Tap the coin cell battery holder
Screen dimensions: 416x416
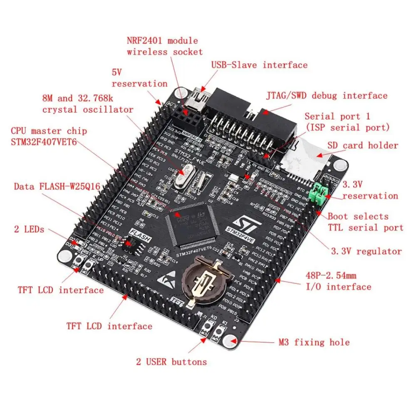(207, 277)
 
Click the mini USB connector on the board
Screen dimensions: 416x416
(201, 99)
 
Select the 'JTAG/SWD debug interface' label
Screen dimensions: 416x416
(327, 96)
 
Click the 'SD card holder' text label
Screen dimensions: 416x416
(363, 146)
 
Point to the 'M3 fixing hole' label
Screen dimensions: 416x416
(314, 342)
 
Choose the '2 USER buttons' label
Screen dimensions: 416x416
(171, 362)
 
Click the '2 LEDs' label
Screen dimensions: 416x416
(29, 229)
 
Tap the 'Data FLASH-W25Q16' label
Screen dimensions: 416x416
(57, 186)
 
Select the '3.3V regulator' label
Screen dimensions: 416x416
(366, 251)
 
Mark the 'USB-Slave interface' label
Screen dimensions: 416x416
(259, 65)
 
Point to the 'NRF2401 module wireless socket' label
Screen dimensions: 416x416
(165, 46)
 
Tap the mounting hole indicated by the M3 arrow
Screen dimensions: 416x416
(228, 342)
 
